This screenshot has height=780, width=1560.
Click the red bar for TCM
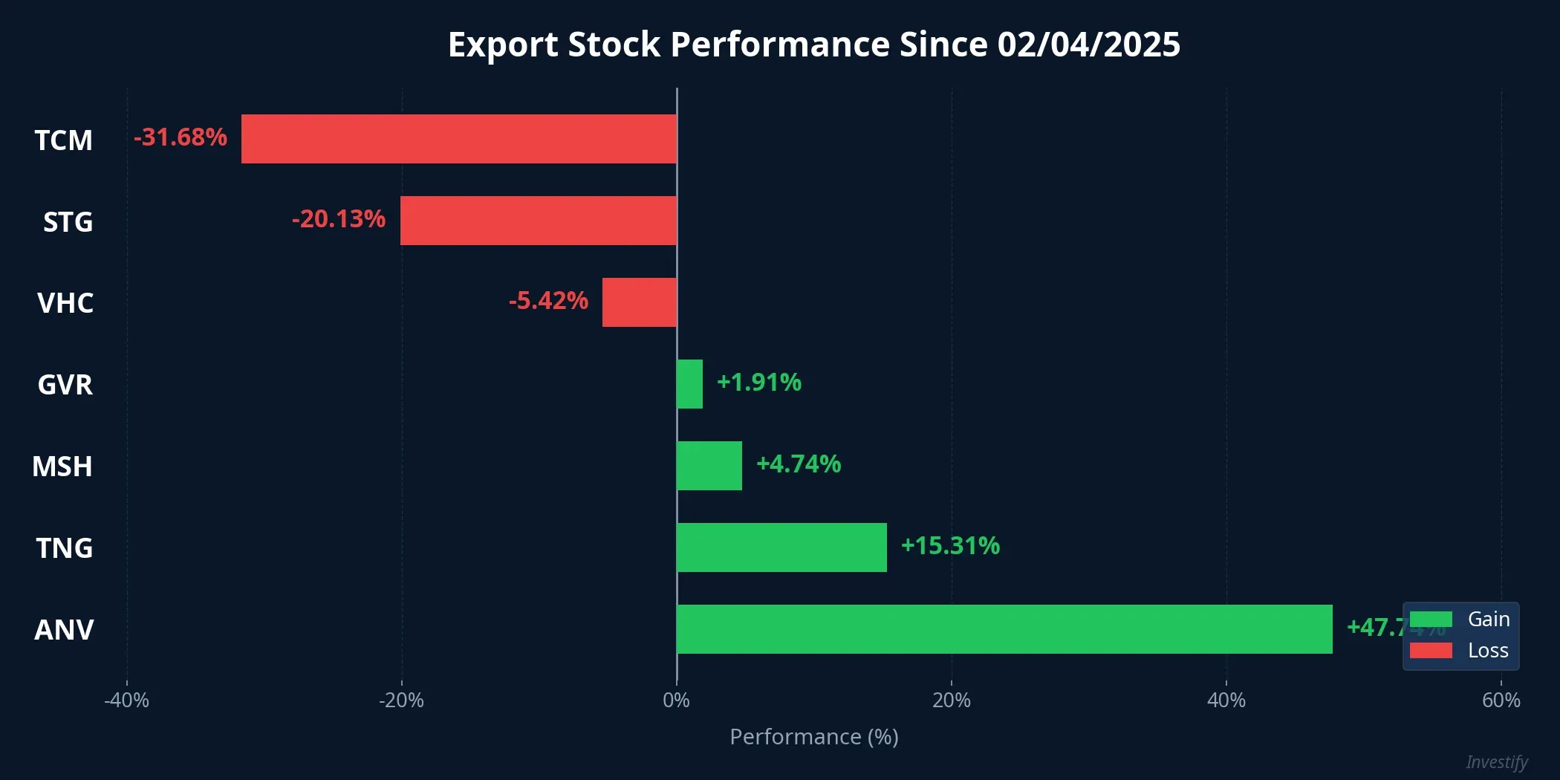459,139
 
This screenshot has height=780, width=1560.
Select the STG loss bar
539,221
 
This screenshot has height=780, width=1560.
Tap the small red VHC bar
640,302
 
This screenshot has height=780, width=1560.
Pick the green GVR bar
689,384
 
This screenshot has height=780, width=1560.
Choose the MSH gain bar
709,466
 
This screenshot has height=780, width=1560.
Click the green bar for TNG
781,547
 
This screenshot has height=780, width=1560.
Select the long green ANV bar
1004,629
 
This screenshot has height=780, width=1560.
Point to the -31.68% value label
181,137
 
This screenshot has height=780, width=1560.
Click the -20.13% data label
339,219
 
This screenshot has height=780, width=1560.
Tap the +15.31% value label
950,546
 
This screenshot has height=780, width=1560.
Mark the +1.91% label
759,383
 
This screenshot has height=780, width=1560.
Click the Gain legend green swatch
1431,620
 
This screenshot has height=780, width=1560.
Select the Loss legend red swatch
1431,651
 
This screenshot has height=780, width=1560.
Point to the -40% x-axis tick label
126,701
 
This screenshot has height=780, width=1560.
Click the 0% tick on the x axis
676,701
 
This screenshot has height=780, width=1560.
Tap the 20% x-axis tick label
952,701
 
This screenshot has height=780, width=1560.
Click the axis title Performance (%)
814,737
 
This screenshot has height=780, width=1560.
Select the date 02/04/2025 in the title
1088,45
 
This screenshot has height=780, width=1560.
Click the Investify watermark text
1497,762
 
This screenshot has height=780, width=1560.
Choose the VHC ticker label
65,303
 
